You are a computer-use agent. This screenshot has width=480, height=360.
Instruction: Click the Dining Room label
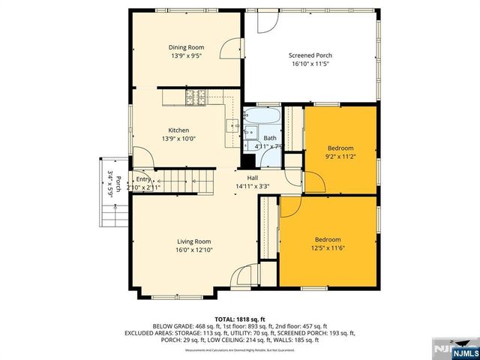pos(186,47)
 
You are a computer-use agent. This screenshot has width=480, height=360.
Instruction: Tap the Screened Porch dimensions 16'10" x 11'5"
pos(310,64)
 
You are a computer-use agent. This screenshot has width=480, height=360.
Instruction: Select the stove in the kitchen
pos(196,97)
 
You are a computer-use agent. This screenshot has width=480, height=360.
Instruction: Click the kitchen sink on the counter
pos(232,125)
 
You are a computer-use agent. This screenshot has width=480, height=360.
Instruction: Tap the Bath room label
pos(269,138)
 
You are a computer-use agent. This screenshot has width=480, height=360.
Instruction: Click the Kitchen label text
pos(178,130)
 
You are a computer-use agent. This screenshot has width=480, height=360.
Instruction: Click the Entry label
pos(143,179)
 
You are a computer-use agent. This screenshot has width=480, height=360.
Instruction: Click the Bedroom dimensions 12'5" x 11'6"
pos(328,248)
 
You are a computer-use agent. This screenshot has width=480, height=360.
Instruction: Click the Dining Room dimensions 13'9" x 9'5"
pos(186,56)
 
